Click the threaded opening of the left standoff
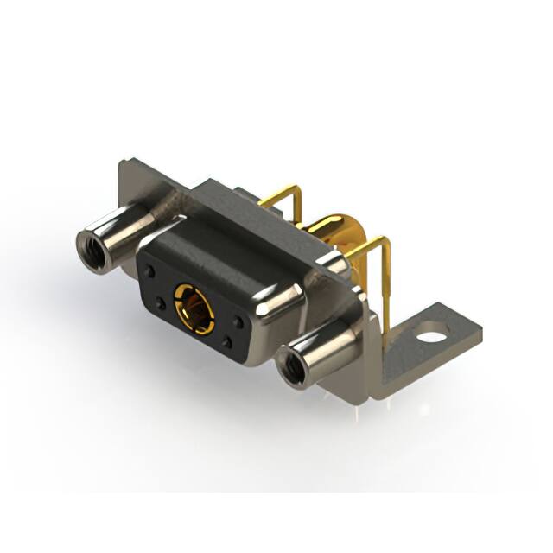[92, 251]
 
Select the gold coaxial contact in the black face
[191, 305]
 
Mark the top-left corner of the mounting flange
[123, 163]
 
